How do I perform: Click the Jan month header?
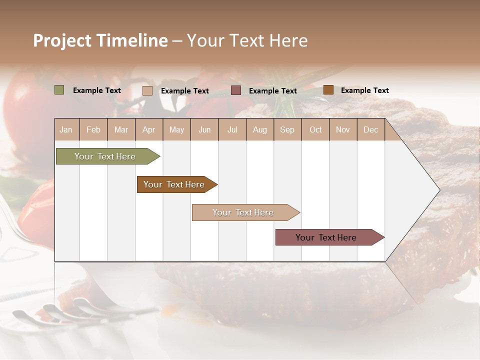[66, 129]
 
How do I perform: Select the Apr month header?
[149, 129]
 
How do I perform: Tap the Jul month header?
[232, 129]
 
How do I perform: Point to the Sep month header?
[287, 129]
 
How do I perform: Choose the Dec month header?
[370, 129]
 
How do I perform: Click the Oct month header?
[315, 129]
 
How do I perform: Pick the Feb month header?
[93, 129]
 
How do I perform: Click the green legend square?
[59, 90]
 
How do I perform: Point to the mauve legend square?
[236, 90]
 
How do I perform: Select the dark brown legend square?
[328, 90]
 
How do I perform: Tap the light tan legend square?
[147, 90]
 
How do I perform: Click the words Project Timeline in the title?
[100, 40]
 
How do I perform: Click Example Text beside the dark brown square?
[364, 90]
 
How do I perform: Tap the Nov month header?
[342, 129]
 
